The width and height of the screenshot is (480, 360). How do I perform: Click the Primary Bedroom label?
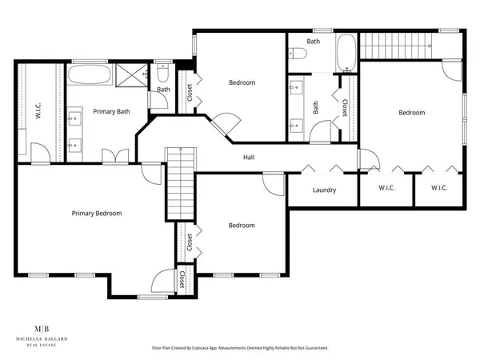tap(97, 213)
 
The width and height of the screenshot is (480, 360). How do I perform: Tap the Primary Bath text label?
tap(111, 111)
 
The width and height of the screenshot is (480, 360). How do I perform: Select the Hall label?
tap(249, 157)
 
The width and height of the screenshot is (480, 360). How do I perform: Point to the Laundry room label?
tap(324, 190)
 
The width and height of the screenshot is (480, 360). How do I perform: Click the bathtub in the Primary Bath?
tap(89, 77)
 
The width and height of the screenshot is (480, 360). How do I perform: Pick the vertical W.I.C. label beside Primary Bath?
tap(38, 112)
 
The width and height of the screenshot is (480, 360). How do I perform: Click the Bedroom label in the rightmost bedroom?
tap(412, 113)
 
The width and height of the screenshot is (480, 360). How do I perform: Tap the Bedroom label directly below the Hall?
tap(242, 226)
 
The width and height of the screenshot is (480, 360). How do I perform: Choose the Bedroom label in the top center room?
tap(242, 82)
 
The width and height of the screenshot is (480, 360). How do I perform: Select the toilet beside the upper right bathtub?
tap(299, 54)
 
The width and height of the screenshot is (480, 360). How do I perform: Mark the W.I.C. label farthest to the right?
tap(438, 189)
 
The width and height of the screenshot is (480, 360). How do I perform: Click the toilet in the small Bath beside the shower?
tap(162, 75)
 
